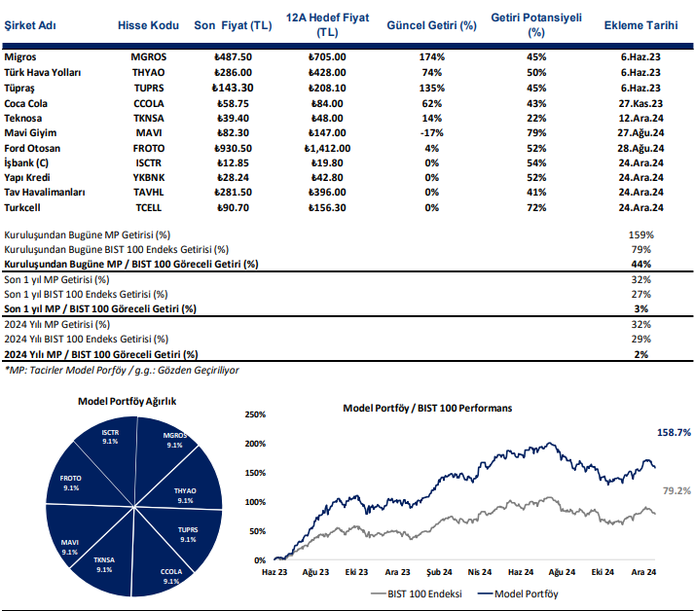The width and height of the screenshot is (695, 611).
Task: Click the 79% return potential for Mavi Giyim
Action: pos(535,132)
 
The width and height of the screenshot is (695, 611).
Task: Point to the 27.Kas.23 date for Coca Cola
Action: pos(640,102)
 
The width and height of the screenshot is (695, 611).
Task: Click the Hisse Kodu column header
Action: pos(148,24)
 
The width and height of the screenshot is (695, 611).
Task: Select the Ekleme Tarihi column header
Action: pos(640,24)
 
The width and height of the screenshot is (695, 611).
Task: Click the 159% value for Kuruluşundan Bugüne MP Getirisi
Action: pos(640,234)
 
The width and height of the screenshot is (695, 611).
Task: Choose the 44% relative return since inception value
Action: pos(640,264)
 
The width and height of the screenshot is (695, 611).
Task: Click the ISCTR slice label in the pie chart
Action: pos(110,436)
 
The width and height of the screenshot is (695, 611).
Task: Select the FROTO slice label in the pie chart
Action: pos(70,483)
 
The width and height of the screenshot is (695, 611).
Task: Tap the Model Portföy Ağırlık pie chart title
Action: pos(127,401)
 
